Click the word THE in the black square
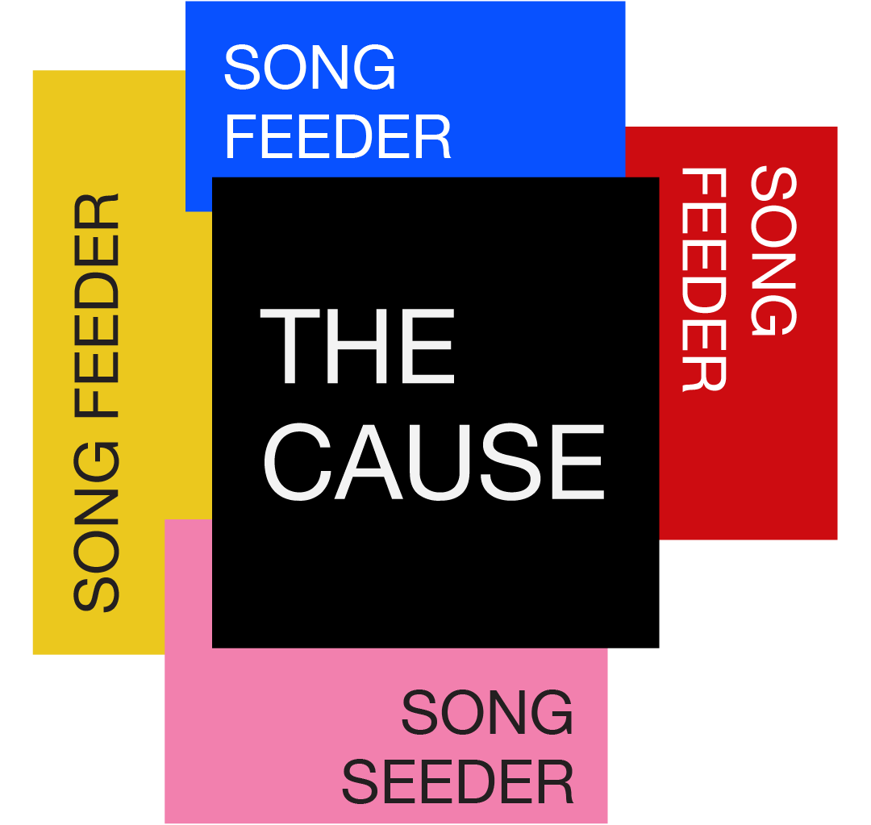pyautogui.click(x=357, y=347)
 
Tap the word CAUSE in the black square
pyautogui.click(x=433, y=463)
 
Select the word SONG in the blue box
pyautogui.click(x=310, y=68)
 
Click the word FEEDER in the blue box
pyautogui.click(x=337, y=138)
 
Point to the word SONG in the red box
pyautogui.click(x=773, y=251)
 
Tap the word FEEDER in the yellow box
pyautogui.click(x=97, y=306)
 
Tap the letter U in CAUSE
pyautogui.click(x=444, y=463)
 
